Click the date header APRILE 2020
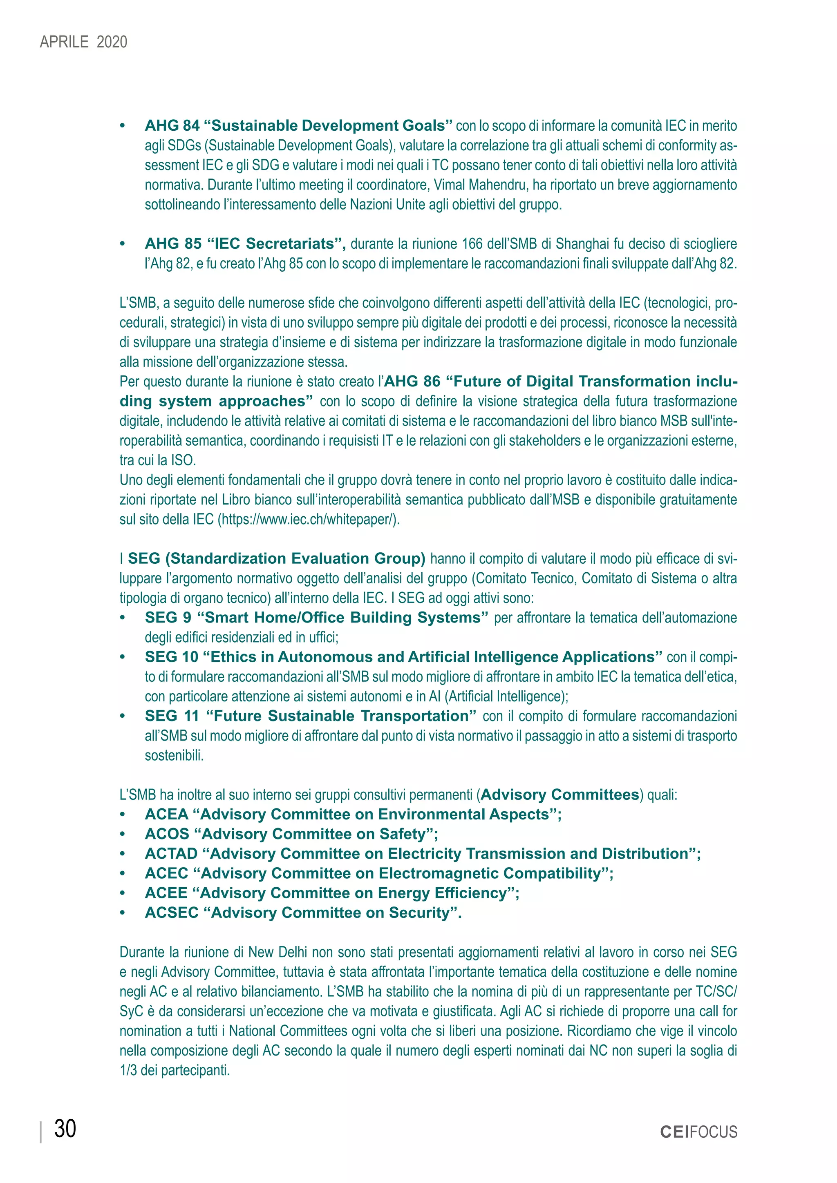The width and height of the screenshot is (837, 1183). pyautogui.click(x=83, y=42)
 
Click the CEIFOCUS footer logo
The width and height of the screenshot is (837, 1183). pyautogui.click(x=698, y=1132)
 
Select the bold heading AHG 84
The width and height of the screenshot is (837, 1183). pyautogui.click(x=172, y=126)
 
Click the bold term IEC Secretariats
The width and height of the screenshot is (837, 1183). pyautogui.click(x=275, y=244)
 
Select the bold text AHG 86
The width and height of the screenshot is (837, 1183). pyautogui.click(x=412, y=382)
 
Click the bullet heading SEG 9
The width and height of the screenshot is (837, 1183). pyautogui.click(x=168, y=618)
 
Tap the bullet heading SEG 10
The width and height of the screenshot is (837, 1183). pyautogui.click(x=172, y=657)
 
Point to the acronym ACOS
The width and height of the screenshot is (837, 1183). pyautogui.click(x=167, y=834)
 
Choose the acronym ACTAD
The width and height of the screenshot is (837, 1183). pyautogui.click(x=171, y=854)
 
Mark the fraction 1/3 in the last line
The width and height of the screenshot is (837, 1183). pyautogui.click(x=128, y=1071)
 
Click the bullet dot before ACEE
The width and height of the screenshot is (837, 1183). pyautogui.click(x=122, y=894)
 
